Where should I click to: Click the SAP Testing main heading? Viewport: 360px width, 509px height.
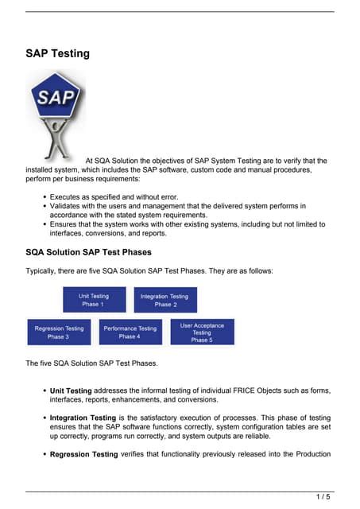pyautogui.click(x=57, y=54)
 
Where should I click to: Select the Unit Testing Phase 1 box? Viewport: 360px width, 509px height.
pyautogui.click(x=94, y=300)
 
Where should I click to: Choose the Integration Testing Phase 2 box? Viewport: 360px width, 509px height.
pyautogui.click(x=165, y=300)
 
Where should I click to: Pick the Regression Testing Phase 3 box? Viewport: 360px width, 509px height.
pyautogui.click(x=59, y=332)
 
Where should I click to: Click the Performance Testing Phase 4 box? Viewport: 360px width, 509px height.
pyautogui.click(x=130, y=332)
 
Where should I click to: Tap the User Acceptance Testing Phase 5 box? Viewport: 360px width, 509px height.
pyautogui.click(x=202, y=332)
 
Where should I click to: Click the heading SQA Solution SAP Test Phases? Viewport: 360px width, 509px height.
pyautogui.click(x=88, y=252)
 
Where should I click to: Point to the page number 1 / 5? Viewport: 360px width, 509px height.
pyautogui.click(x=323, y=497)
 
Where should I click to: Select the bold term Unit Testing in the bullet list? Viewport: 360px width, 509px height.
pyautogui.click(x=71, y=390)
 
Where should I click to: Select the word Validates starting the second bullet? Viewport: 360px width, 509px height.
pyautogui.click(x=67, y=205)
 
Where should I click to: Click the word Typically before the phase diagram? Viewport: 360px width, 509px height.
pyautogui.click(x=43, y=271)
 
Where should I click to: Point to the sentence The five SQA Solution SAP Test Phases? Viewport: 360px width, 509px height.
pyautogui.click(x=91, y=363)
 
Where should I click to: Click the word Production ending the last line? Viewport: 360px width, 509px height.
pyautogui.click(x=308, y=454)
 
